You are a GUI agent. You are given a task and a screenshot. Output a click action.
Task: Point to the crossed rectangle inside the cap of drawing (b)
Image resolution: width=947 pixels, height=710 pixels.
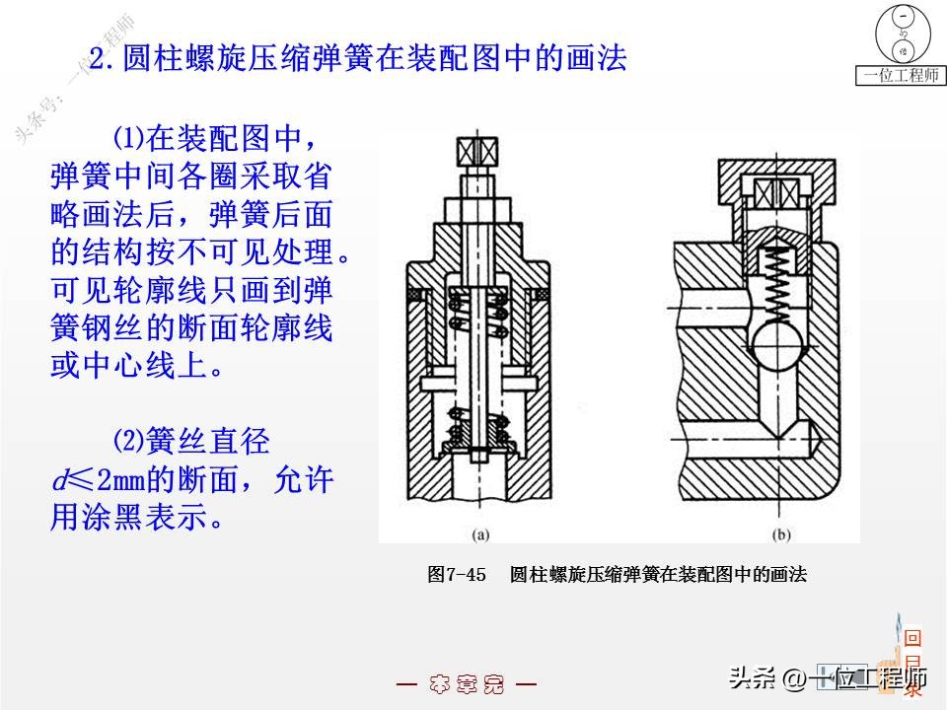click(x=776, y=191)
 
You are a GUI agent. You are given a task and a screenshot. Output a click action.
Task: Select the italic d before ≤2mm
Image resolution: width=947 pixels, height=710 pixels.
click(x=59, y=480)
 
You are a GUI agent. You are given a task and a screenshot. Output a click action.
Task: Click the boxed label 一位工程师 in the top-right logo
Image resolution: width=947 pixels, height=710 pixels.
click(x=901, y=75)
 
